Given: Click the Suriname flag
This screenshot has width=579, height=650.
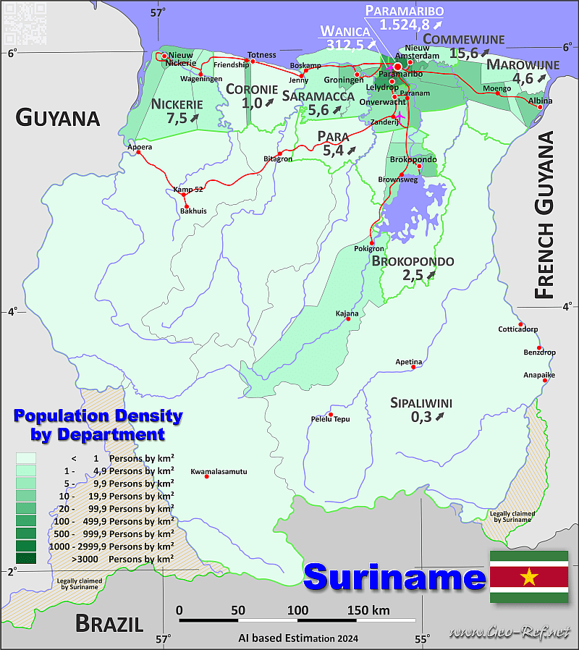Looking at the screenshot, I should [x=528, y=577].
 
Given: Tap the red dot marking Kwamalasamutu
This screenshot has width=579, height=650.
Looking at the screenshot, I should [x=207, y=476].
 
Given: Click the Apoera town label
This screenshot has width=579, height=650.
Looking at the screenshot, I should [x=140, y=147].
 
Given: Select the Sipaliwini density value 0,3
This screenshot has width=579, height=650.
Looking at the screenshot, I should [x=421, y=416].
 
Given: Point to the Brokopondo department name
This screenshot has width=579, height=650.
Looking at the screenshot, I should [x=413, y=261].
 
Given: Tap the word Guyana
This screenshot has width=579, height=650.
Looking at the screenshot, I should [x=58, y=117].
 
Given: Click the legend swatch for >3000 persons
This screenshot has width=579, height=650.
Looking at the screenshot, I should [x=25, y=559].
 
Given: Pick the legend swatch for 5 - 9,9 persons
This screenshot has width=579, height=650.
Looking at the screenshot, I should [x=25, y=483].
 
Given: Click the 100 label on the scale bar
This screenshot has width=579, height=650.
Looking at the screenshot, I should [x=297, y=610].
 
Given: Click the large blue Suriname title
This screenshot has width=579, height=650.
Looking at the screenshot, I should [x=394, y=578].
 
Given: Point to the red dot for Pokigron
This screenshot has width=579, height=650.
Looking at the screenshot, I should [x=372, y=242].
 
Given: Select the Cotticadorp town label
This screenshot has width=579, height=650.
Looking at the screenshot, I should [x=517, y=329].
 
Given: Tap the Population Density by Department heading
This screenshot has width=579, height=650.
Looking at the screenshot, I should [x=98, y=425].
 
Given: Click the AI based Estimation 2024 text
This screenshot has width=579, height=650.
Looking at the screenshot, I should [x=298, y=638].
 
